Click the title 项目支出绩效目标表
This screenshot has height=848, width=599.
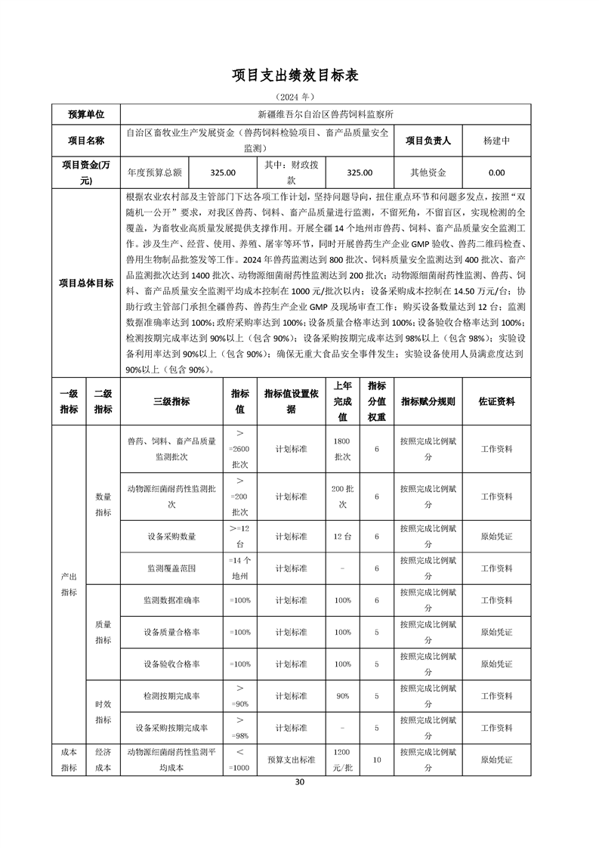[299, 76]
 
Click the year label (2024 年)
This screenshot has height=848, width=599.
[299, 97]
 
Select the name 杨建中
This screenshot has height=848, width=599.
[496, 141]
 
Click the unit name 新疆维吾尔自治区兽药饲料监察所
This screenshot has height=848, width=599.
[326, 114]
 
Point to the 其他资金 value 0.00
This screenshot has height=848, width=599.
[496, 172]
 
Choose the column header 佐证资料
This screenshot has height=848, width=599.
[496, 402]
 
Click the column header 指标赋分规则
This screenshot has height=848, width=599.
[428, 402]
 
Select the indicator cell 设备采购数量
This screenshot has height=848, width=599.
[171, 537]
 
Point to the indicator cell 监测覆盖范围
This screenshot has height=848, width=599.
[171, 568]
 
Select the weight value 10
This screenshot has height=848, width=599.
[376, 760]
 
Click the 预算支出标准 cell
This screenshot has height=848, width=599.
[291, 760]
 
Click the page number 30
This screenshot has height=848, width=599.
[299, 781]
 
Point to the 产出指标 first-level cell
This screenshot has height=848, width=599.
[69, 584]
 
